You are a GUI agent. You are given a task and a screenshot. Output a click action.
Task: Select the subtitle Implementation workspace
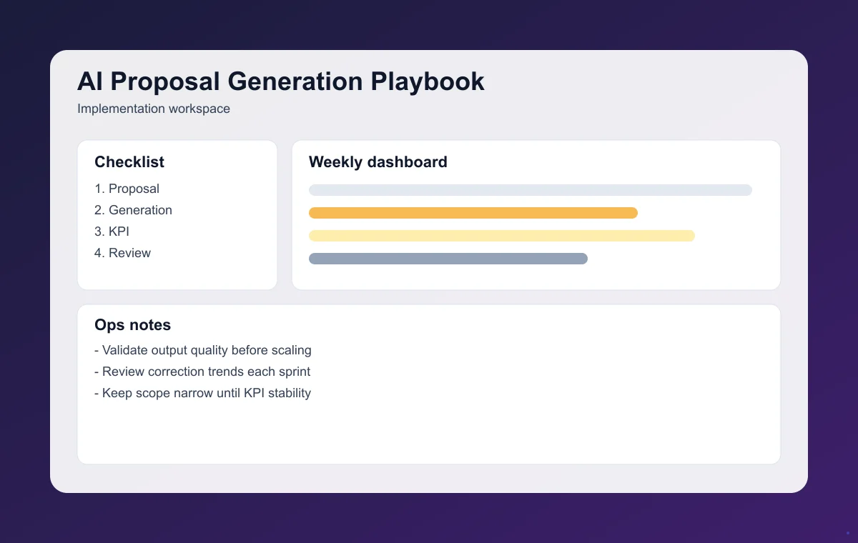pyautogui.click(x=154, y=109)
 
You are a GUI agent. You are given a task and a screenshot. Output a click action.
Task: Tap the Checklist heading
pyautogui.click(x=129, y=162)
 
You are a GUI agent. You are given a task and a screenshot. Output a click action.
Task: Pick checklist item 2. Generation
pyautogui.click(x=134, y=210)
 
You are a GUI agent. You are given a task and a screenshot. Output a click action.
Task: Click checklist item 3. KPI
pyautogui.click(x=112, y=231)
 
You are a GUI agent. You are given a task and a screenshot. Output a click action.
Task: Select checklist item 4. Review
pyautogui.click(x=123, y=253)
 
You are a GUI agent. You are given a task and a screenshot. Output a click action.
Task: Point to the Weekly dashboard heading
pyautogui.click(x=378, y=162)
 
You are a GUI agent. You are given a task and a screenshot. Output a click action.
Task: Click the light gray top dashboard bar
pyautogui.click(x=530, y=190)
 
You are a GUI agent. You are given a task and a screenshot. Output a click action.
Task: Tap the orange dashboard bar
pyautogui.click(x=473, y=213)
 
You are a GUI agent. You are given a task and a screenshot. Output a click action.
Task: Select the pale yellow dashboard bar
pyautogui.click(x=501, y=236)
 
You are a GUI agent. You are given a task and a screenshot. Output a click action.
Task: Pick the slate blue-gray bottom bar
pyautogui.click(x=448, y=259)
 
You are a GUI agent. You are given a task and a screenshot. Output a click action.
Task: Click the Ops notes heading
pyautogui.click(x=133, y=325)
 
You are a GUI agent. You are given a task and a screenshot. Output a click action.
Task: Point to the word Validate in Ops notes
pyautogui.click(x=125, y=350)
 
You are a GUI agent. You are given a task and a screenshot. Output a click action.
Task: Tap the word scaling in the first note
pyautogui.click(x=290, y=350)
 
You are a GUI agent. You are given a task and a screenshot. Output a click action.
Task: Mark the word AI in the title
pyautogui.click(x=89, y=82)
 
